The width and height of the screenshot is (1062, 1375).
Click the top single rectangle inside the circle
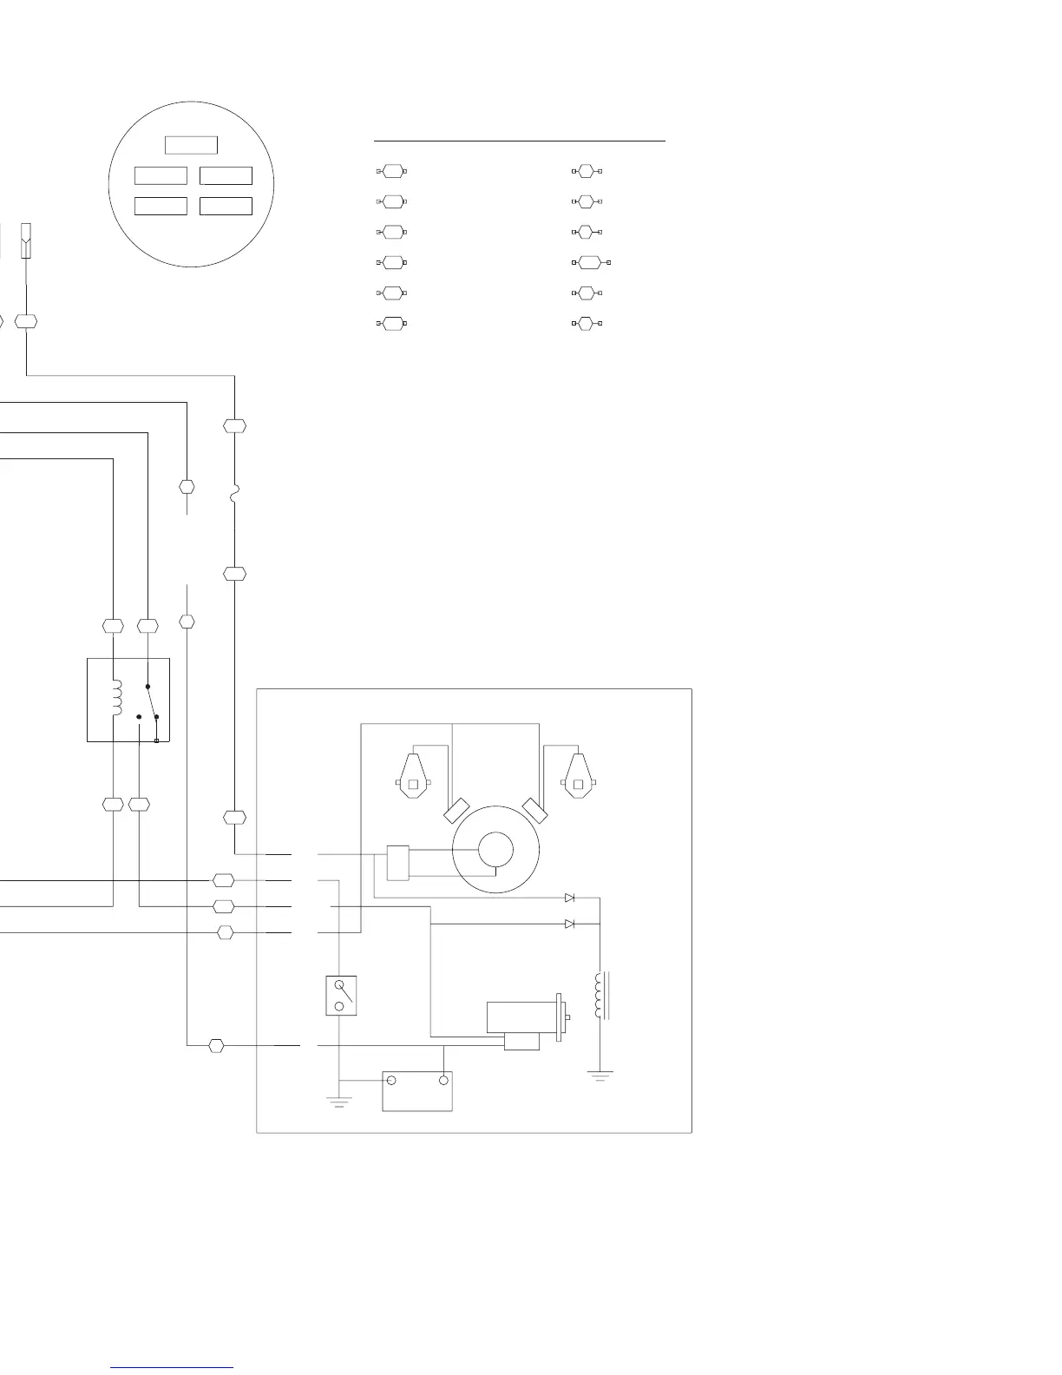[x=191, y=145]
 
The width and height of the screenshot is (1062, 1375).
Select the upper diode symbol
[x=569, y=898]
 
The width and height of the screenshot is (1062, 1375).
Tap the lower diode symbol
[x=569, y=924]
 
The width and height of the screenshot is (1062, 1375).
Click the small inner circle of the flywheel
[x=495, y=849]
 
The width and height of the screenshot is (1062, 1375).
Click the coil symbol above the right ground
[x=599, y=995]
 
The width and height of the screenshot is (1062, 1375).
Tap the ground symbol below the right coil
[x=600, y=1076]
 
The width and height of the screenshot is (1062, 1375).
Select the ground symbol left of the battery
[x=339, y=1102]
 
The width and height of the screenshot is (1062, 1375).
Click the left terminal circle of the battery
[x=391, y=1081]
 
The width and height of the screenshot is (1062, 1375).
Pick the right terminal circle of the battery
[x=443, y=1081]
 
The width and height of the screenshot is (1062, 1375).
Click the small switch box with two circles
[x=340, y=995]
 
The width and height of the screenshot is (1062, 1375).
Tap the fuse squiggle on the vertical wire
[x=234, y=497]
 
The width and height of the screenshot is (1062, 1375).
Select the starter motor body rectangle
[x=521, y=1016]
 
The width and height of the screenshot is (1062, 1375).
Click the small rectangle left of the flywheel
[x=397, y=862]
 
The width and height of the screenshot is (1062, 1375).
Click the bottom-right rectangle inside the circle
[x=226, y=206]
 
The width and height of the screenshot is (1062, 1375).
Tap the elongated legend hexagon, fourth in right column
[x=590, y=261]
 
